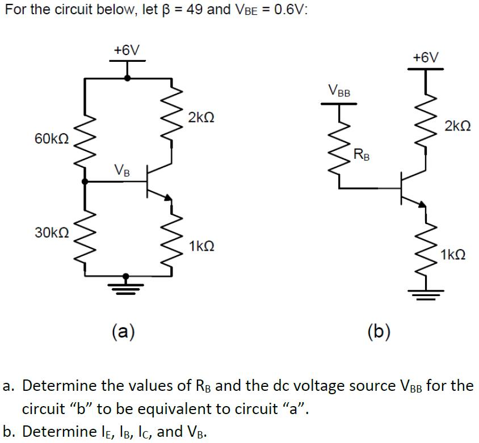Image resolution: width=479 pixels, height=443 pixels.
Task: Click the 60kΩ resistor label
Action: tap(51, 140)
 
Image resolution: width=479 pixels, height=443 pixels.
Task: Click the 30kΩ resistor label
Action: tap(51, 232)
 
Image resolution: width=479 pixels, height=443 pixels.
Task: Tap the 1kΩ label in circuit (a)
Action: tap(202, 246)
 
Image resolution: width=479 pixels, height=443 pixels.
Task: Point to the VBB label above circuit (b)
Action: tap(339, 90)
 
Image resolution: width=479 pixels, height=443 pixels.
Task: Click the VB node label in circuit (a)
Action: tap(121, 169)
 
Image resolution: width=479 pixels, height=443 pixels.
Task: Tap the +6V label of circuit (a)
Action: tap(126, 50)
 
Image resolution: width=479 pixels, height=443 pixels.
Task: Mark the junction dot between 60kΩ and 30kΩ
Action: tap(85, 182)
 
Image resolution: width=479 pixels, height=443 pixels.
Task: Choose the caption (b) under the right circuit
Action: tap(379, 330)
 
